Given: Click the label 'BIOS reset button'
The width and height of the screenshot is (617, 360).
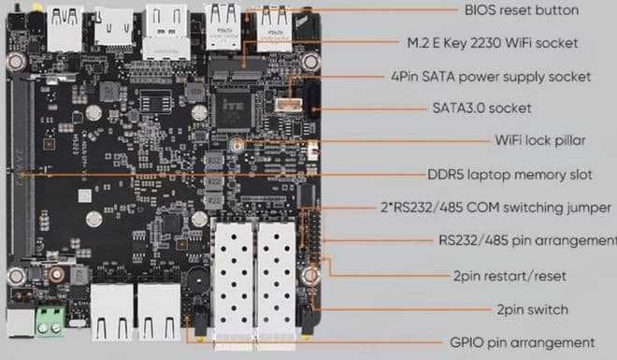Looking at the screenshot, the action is pyautogui.click(x=522, y=10).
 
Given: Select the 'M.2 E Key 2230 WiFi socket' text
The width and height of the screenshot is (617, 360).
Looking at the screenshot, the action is pyautogui.click(x=493, y=43).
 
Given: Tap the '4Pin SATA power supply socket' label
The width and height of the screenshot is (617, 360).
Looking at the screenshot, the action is pyautogui.click(x=491, y=77).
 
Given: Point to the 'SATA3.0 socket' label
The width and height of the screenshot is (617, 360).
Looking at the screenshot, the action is pyautogui.click(x=481, y=108).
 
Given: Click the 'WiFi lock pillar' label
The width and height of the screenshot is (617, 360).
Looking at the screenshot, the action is pyautogui.click(x=540, y=140).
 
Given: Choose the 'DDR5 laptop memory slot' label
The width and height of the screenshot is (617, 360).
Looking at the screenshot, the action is pyautogui.click(x=509, y=175).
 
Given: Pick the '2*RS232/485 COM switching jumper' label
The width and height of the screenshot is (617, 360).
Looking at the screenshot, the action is pyautogui.click(x=495, y=208).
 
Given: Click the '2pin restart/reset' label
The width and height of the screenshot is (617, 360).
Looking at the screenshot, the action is pyautogui.click(x=509, y=276).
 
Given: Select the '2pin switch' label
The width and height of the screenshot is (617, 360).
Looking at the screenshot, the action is pyautogui.click(x=532, y=310).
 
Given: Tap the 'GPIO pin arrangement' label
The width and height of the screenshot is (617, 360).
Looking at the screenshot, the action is pyautogui.click(x=523, y=342).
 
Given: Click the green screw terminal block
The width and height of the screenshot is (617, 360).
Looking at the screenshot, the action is pyautogui.click(x=50, y=321).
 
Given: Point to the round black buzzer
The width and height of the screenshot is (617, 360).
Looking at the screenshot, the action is pyautogui.click(x=198, y=280).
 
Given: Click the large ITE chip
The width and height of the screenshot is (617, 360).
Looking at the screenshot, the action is pyautogui.click(x=233, y=109).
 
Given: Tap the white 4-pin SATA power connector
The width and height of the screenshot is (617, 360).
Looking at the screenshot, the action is pyautogui.click(x=289, y=105).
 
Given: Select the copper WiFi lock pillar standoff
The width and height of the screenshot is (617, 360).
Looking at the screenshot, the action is pyautogui.click(x=237, y=145).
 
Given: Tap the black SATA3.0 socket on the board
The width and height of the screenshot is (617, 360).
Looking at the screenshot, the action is pyautogui.click(x=313, y=97).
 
